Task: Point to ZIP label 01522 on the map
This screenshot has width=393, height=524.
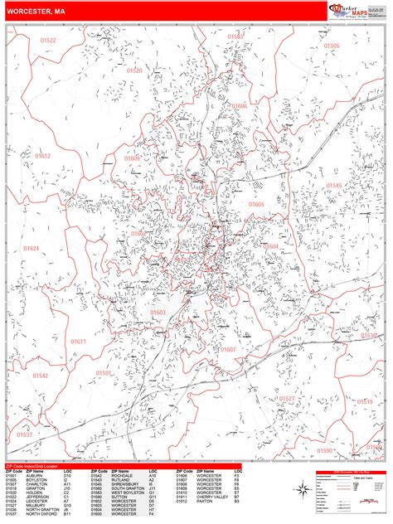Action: (x=48, y=41)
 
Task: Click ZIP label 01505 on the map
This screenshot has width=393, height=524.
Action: (x=332, y=46)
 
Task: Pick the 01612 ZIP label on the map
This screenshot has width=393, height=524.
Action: (x=42, y=156)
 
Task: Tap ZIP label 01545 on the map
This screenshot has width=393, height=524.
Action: (x=333, y=186)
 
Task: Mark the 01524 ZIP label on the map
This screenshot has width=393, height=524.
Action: (x=31, y=249)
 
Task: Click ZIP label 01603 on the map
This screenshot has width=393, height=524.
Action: (x=158, y=313)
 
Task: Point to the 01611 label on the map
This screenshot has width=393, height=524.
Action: (x=78, y=341)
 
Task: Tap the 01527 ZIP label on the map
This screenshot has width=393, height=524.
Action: (x=286, y=399)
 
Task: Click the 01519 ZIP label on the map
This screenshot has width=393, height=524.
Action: (x=365, y=401)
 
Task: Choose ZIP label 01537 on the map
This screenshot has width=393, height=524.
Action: (x=24, y=434)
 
